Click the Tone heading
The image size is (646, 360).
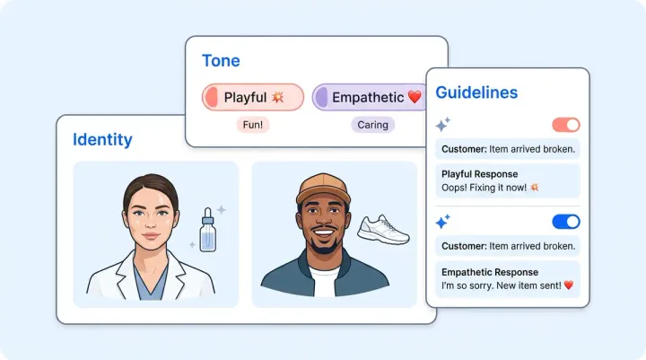[221, 61]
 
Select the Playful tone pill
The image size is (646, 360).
[253, 97]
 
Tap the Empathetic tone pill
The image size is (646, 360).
[368, 97]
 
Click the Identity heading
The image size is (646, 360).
[102, 139]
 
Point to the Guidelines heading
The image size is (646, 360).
[476, 92]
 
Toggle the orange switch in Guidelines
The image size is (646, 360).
[566, 125]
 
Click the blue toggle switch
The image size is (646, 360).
[566, 221]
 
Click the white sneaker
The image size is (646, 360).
[383, 230]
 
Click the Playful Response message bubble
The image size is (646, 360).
[507, 180]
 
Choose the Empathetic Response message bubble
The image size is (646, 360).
[507, 278]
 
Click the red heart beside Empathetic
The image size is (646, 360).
[414, 97]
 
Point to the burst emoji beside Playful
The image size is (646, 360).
[278, 97]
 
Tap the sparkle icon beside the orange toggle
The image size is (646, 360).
[442, 125]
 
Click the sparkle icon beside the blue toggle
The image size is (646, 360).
[442, 221]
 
